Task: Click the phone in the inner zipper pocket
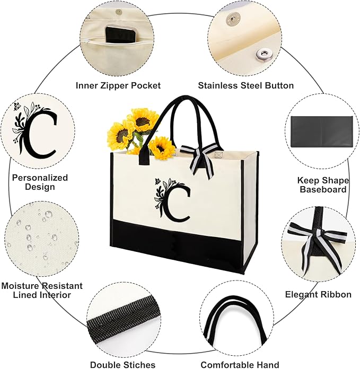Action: point(120,36)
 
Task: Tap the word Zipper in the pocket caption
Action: point(115,86)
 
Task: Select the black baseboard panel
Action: point(322,132)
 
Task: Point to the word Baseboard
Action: point(323,189)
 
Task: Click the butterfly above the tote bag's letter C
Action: point(157,181)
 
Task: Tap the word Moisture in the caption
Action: point(21,286)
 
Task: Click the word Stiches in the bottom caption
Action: point(139,365)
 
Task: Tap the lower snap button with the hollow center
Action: point(262,55)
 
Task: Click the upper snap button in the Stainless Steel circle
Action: point(232,18)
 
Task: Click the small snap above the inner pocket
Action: point(119,11)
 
